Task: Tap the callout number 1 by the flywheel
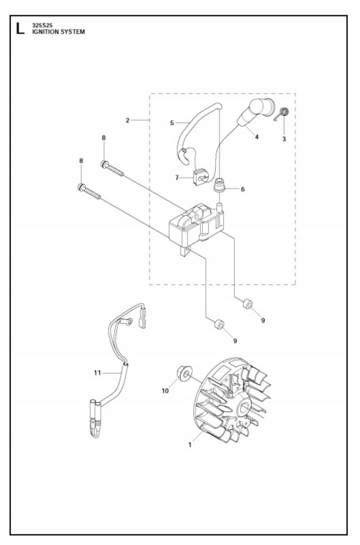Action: [190, 444]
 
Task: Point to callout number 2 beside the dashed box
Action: [128, 120]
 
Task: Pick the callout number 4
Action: [257, 137]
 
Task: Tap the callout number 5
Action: [172, 123]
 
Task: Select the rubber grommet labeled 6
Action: [219, 185]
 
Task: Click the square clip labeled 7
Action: [199, 177]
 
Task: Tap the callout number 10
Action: [165, 391]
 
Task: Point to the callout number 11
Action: [97, 373]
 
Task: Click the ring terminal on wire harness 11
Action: [127, 321]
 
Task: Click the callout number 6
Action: [243, 189]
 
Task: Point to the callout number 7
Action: [177, 178]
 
